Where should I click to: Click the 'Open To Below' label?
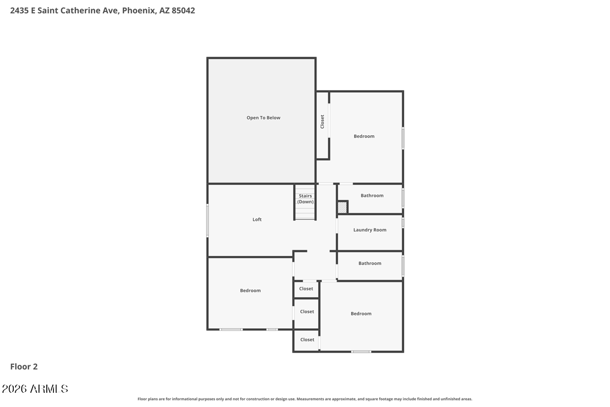click(x=263, y=118)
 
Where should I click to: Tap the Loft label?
click(x=257, y=219)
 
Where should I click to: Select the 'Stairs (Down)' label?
click(x=306, y=199)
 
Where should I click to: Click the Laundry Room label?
click(x=370, y=230)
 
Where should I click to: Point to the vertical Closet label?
click(x=322, y=121)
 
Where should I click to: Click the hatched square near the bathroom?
click(x=343, y=208)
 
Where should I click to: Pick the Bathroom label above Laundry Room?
click(x=372, y=195)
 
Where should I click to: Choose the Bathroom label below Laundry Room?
click(x=370, y=263)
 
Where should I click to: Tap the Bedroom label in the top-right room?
click(x=364, y=136)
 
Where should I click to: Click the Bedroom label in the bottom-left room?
click(x=250, y=290)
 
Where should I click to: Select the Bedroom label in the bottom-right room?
click(x=361, y=313)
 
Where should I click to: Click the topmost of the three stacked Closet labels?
click(x=306, y=288)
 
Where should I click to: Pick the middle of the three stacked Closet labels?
click(x=307, y=311)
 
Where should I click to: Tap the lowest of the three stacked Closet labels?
click(x=307, y=339)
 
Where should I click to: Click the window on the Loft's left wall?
click(x=207, y=220)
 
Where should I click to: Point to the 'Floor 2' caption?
click(x=24, y=366)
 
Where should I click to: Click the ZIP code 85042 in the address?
click(x=184, y=10)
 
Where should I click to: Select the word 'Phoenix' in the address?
click(x=138, y=10)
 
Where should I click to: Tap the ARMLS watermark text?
click(x=35, y=389)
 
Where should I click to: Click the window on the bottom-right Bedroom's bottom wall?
click(x=361, y=352)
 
